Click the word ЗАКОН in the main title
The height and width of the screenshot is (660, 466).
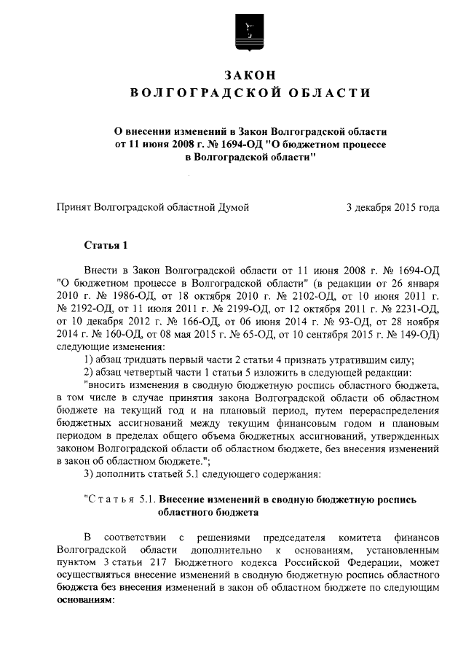[248, 76]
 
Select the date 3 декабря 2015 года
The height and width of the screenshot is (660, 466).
[392, 207]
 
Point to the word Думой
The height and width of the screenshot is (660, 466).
[232, 207]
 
